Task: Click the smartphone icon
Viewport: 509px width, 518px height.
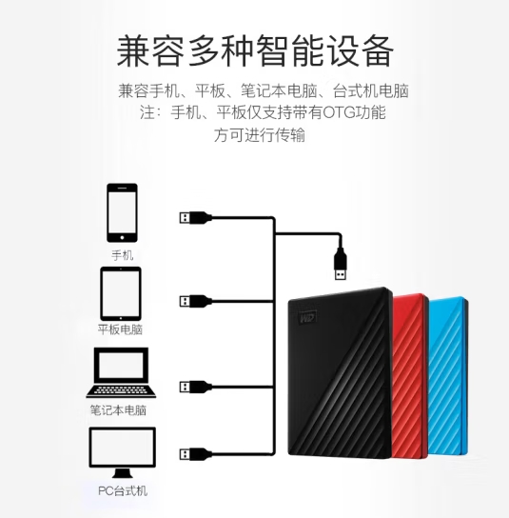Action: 122,212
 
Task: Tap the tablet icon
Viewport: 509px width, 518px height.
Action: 121,293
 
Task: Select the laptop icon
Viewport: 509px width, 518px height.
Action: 121,372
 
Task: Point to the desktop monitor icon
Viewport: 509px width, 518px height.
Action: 123,452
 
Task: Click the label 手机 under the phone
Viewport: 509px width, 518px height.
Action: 122,255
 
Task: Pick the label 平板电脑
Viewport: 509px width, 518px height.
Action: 120,329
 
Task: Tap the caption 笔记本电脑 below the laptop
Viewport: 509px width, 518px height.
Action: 118,410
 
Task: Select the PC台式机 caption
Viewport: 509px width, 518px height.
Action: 123,491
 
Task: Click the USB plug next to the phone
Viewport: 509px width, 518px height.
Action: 195,218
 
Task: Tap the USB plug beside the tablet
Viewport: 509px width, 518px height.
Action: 195,301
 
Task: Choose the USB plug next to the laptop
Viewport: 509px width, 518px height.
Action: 195,387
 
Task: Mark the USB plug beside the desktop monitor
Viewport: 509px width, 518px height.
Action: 195,454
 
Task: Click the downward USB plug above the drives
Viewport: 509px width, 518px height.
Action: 341,264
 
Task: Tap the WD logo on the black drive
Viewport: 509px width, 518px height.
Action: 308,318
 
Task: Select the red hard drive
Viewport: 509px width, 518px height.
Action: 410,376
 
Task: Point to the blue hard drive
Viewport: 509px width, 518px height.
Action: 448,376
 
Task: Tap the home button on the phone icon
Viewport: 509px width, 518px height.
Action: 122,237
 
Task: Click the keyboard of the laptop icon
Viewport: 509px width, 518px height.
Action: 121,389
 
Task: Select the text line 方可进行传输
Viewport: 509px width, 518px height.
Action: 259,135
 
